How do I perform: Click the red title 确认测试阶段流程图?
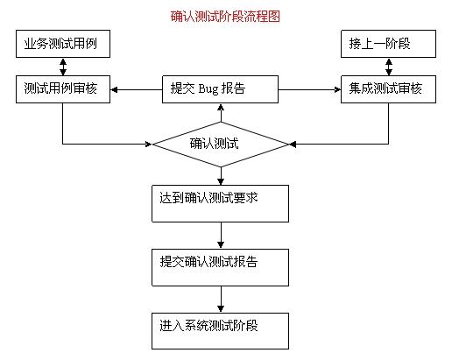click(x=225, y=17)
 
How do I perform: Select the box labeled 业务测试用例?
click(x=63, y=44)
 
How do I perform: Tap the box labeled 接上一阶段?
click(x=388, y=44)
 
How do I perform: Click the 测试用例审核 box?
click(x=63, y=89)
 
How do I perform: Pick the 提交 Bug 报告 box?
click(x=220, y=89)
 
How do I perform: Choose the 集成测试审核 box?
click(x=388, y=89)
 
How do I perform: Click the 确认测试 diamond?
click(x=221, y=145)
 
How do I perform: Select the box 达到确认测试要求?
click(x=220, y=203)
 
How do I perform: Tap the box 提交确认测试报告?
click(x=220, y=267)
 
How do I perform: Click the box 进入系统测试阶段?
click(x=220, y=331)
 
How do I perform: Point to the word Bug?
click(x=208, y=89)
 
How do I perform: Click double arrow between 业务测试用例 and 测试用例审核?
click(x=63, y=67)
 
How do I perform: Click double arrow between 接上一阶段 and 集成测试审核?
click(x=389, y=67)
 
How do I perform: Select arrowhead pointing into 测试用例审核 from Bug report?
click(x=114, y=89)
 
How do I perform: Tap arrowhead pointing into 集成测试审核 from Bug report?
click(x=337, y=89)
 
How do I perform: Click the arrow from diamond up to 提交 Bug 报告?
click(x=221, y=113)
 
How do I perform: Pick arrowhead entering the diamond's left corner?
click(x=149, y=144)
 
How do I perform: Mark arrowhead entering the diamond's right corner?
click(x=293, y=144)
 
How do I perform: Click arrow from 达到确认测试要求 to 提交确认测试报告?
click(x=221, y=236)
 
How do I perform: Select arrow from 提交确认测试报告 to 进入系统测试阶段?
click(x=221, y=300)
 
